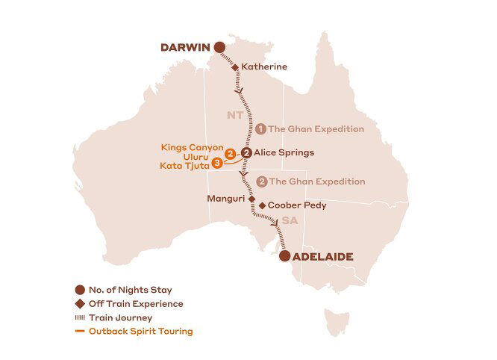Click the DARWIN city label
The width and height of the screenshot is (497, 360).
[x=185, y=48]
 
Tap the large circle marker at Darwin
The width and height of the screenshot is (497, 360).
[x=219, y=48]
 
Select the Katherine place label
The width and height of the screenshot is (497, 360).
[x=264, y=66]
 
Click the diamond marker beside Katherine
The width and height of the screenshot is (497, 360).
[x=235, y=67]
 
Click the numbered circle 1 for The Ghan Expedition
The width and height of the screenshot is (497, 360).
[x=261, y=128]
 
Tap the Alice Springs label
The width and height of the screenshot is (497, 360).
[x=284, y=152]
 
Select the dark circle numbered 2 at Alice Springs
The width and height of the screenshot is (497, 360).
[x=246, y=152]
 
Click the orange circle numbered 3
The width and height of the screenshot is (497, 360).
[x=216, y=163]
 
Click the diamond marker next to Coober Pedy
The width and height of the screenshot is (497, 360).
[x=261, y=205]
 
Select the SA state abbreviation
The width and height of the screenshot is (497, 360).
[x=288, y=221]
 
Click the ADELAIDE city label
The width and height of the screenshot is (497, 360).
[x=323, y=256]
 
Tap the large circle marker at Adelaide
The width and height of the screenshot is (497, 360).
[x=284, y=256]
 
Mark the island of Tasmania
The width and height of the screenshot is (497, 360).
[x=340, y=322]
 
